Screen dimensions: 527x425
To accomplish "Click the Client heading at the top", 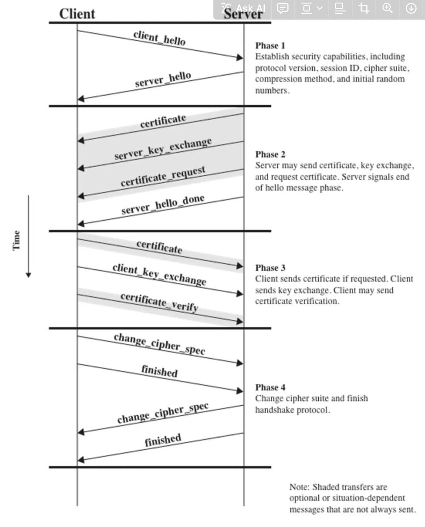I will point(77,14).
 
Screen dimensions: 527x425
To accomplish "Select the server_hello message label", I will point(163,79).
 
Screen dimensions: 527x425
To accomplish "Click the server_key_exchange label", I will point(163,149).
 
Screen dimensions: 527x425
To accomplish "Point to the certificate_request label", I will point(163,176).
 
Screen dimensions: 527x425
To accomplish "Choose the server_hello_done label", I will point(163,204).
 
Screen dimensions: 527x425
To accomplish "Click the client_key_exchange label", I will point(159,274).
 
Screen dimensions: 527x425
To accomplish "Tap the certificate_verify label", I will point(159,302).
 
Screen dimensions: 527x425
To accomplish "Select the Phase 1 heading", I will point(270,45).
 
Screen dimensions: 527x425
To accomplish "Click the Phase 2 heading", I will point(270,154).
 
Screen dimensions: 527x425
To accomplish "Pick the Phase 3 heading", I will point(270,267).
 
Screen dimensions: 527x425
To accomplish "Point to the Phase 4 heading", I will point(270,387).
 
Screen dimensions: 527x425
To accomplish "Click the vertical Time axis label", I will point(17,240).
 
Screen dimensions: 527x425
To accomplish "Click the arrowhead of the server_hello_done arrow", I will point(81,223).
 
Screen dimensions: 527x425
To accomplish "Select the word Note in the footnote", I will point(298,487).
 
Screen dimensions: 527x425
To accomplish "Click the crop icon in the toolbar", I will point(364,8).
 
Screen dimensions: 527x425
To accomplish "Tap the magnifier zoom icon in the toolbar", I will point(387,8).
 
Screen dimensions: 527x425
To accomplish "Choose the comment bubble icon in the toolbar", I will point(283,8).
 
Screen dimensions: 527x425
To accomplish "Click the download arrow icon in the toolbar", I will point(411,8).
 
